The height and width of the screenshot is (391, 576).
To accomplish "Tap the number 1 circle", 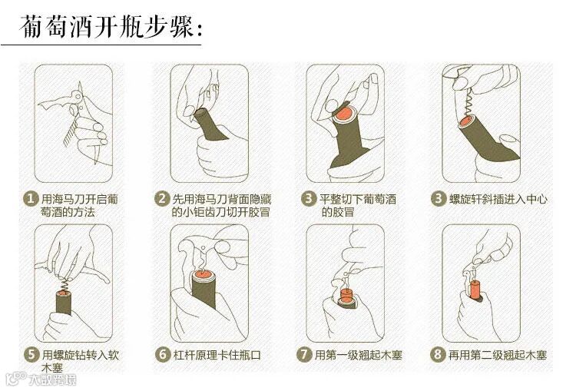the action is coord(31,199).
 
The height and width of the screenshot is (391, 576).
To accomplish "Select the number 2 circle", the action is coord(162,199).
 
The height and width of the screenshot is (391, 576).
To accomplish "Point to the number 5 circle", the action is coord(31,355).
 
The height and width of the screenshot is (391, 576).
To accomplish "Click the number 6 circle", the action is coord(163,355).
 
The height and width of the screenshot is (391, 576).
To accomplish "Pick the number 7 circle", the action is coord(304,355).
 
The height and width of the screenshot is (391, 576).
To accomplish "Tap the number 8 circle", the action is coord(437,355).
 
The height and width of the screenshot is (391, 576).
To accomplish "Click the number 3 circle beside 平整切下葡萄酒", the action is coord(309,199).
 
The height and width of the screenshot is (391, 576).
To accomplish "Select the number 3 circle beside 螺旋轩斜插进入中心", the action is coord(438,199).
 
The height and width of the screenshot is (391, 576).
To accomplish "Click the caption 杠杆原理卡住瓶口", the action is coord(217,356).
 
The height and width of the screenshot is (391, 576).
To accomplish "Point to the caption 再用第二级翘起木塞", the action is coord(498,355).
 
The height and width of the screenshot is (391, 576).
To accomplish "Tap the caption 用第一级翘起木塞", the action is coord(358,355).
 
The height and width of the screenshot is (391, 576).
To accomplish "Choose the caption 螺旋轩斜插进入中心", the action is coord(498,199).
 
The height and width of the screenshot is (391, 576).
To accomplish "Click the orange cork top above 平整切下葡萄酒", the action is coord(344,113).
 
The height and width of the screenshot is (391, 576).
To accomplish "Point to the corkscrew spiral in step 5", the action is coord(65,283).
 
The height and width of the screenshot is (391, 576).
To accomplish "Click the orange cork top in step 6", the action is coord(203,273).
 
